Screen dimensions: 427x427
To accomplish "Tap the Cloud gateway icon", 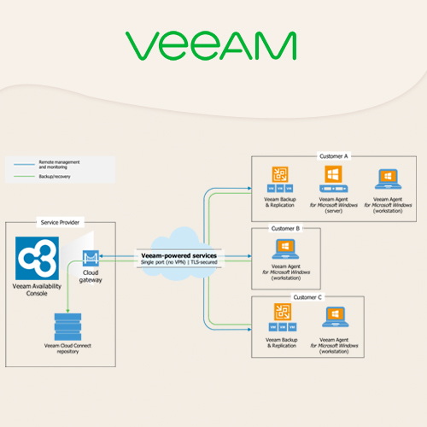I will coord(91,259).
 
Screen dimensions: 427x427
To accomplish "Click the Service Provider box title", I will coord(61,222).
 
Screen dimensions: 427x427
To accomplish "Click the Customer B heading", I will coord(284,228).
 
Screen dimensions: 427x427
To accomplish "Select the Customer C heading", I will coord(307,296).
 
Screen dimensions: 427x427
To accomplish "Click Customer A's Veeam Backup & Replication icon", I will coord(279,180).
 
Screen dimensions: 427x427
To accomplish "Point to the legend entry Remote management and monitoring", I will coord(59,161).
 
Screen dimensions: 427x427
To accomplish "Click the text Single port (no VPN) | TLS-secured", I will coord(180,263).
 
